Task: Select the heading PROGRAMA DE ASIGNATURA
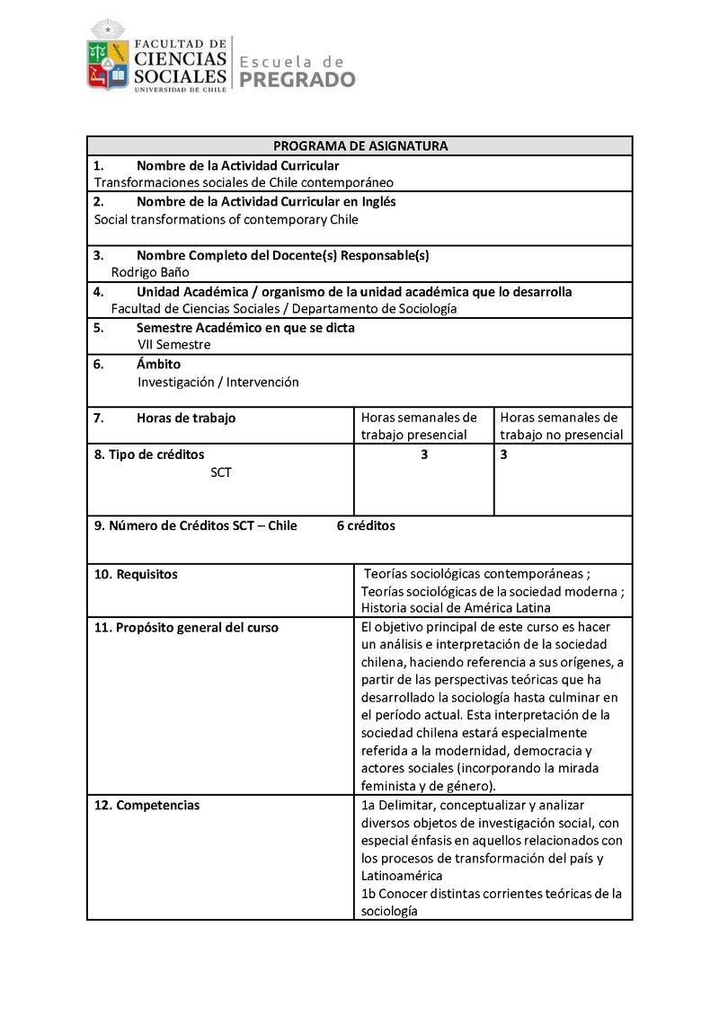(360, 146)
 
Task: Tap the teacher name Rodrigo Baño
(150, 272)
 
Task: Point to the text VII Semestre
(174, 344)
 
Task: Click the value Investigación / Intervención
(218, 382)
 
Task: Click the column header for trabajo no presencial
(561, 426)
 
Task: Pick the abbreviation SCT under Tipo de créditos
(220, 472)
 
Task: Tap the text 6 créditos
(366, 525)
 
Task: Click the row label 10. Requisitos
(136, 574)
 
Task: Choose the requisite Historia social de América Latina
(456, 608)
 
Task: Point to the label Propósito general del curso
(186, 627)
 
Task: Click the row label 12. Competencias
(146, 805)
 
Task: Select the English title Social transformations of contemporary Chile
(226, 219)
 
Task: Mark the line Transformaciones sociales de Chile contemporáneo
(244, 182)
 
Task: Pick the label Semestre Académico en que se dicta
(245, 328)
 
